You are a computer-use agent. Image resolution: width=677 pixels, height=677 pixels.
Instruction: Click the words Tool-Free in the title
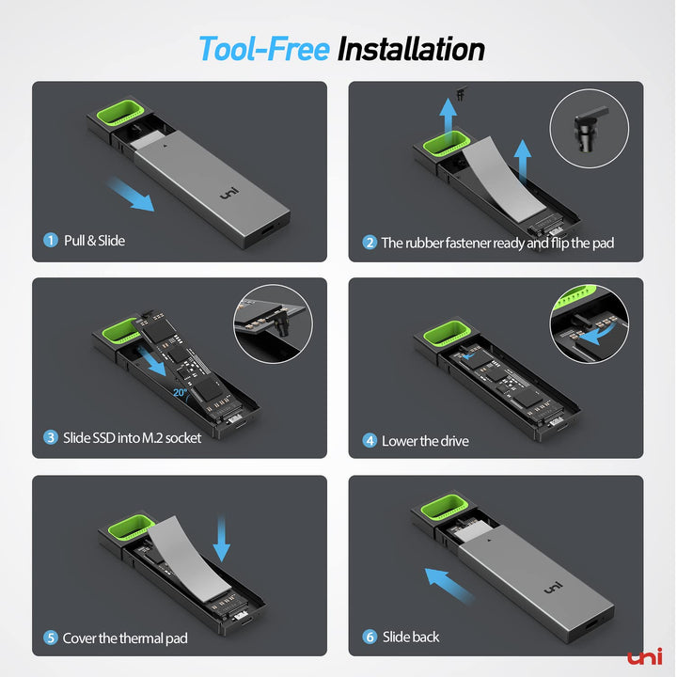click(264, 49)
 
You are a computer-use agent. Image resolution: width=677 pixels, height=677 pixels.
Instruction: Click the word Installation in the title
click(411, 49)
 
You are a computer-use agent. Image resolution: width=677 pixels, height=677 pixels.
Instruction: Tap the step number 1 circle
click(51, 240)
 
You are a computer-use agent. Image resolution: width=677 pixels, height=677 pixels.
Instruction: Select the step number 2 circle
click(370, 243)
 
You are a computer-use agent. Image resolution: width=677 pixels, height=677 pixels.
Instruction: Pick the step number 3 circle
click(51, 437)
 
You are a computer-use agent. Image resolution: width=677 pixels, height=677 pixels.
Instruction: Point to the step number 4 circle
click(370, 441)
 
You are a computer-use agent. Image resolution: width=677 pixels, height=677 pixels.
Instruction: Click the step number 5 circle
click(51, 638)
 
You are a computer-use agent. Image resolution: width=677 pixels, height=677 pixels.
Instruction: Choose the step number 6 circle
click(370, 637)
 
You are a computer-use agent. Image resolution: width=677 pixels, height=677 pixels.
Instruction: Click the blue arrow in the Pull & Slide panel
click(131, 195)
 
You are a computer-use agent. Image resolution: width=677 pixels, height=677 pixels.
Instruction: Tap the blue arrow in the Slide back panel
click(449, 585)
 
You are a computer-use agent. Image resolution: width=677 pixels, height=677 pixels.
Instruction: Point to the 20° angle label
click(180, 392)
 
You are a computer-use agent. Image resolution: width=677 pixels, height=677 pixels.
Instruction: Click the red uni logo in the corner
click(645, 656)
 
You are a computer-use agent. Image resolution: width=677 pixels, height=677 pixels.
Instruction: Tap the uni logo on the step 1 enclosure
click(228, 194)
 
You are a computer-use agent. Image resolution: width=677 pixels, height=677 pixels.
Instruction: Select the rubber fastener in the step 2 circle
click(588, 127)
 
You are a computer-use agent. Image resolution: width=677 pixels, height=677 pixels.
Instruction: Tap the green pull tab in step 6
click(443, 506)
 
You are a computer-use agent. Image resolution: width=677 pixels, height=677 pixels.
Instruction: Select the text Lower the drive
click(425, 441)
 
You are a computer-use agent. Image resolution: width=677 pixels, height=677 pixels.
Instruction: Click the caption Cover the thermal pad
click(125, 638)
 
